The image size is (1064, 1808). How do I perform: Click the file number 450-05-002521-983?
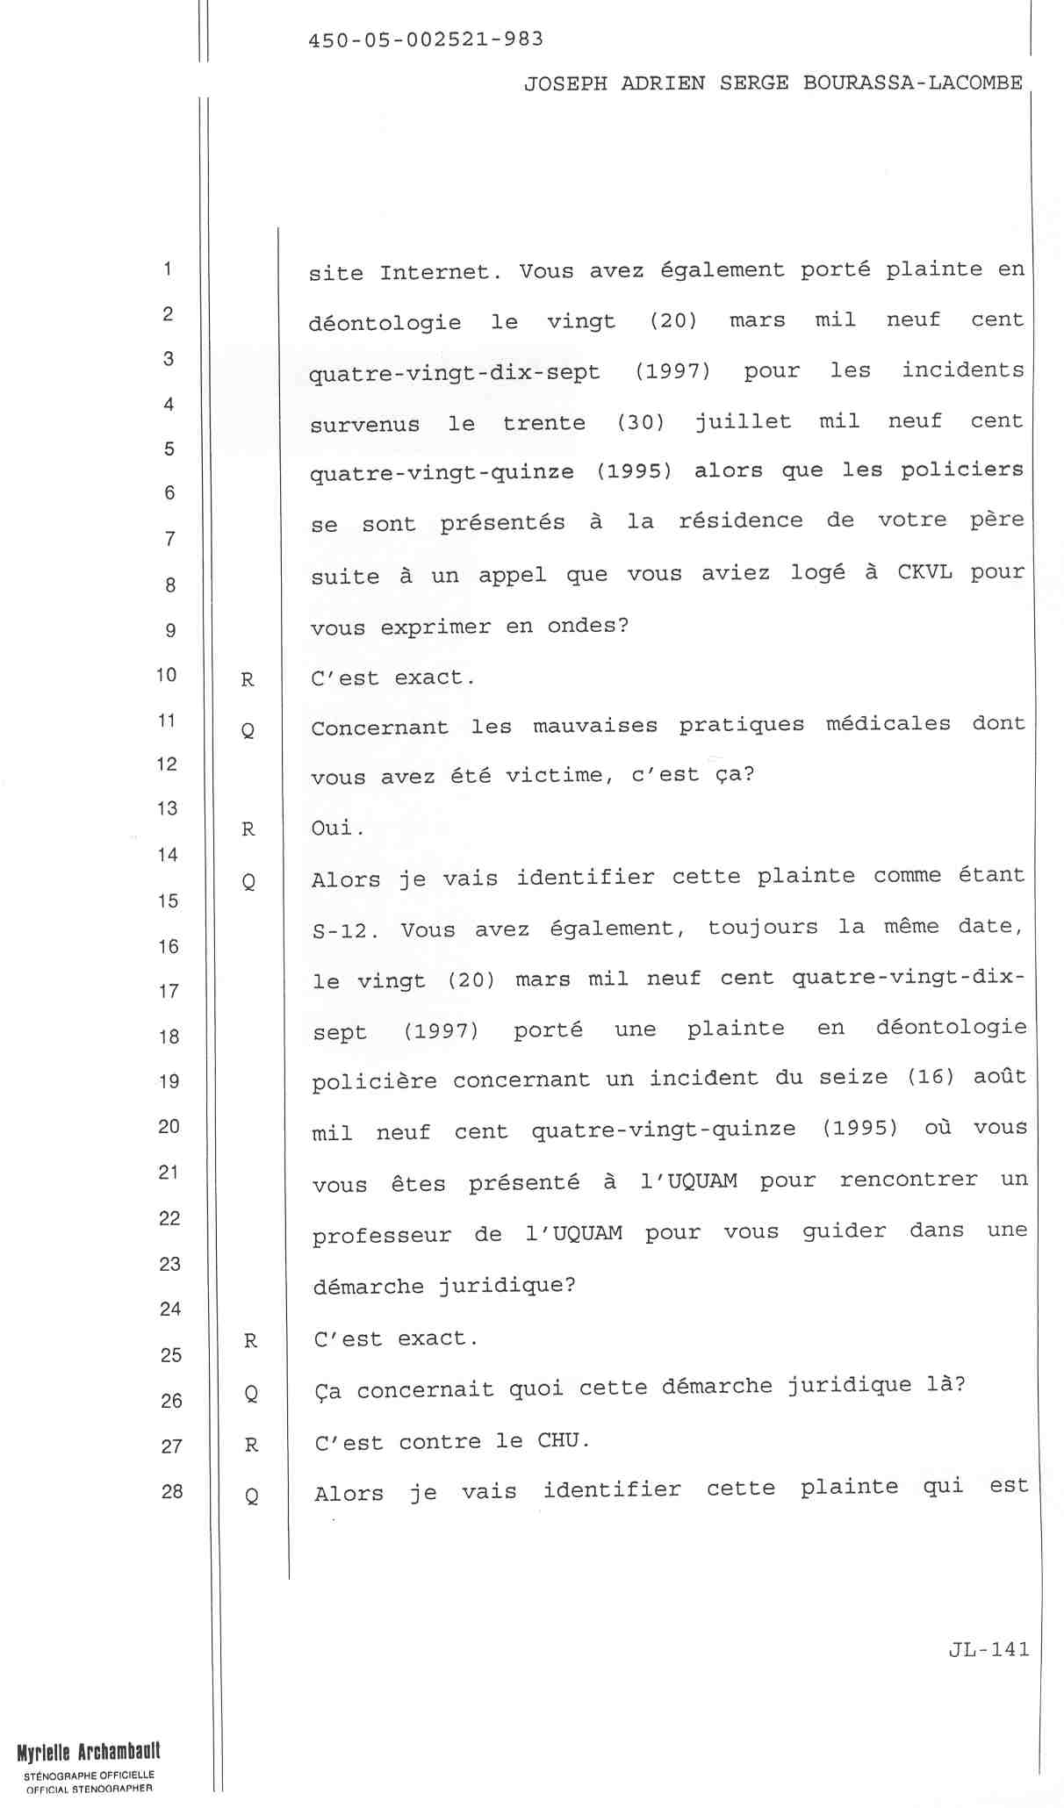click(426, 39)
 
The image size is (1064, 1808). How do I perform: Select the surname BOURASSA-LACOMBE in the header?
click(913, 83)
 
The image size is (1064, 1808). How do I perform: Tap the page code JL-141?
click(989, 1649)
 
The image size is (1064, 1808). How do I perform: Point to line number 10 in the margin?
click(167, 675)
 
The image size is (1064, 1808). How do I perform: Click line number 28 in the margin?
click(172, 1490)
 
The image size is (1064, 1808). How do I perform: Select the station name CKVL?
click(924, 573)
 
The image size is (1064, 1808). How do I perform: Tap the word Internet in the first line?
click(435, 272)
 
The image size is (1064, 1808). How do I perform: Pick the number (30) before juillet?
click(641, 422)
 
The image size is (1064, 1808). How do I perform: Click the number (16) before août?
click(931, 1077)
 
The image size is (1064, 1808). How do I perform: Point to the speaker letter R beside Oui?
click(248, 829)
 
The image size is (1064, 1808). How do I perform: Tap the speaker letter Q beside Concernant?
click(248, 729)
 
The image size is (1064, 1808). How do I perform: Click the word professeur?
click(381, 1236)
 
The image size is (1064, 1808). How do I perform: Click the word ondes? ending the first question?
click(588, 626)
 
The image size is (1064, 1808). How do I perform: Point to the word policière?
click(374, 1081)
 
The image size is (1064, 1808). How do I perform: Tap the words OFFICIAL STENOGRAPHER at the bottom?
click(90, 1789)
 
